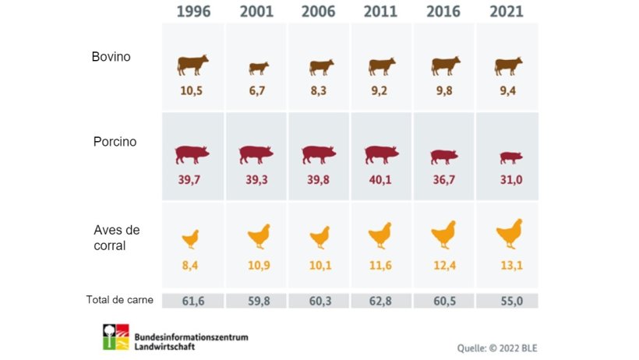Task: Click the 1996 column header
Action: pyautogui.click(x=192, y=12)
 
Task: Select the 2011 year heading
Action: pyautogui.click(x=381, y=12)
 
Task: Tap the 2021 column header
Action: pyautogui.click(x=507, y=12)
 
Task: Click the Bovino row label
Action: pyautogui.click(x=111, y=57)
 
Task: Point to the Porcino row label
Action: pyautogui.click(x=114, y=142)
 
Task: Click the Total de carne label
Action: pyautogui.click(x=119, y=300)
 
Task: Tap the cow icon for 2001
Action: pyautogui.click(x=258, y=68)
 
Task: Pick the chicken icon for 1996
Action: pyautogui.click(x=191, y=238)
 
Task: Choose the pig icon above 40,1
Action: pyautogui.click(x=381, y=154)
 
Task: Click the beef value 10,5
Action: pyautogui.click(x=192, y=90)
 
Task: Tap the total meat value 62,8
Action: pyautogui.click(x=382, y=301)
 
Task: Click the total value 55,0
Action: pyautogui.click(x=507, y=301)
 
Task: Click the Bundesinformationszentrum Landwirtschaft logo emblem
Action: pyautogui.click(x=115, y=337)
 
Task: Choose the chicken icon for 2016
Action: pyautogui.click(x=443, y=234)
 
